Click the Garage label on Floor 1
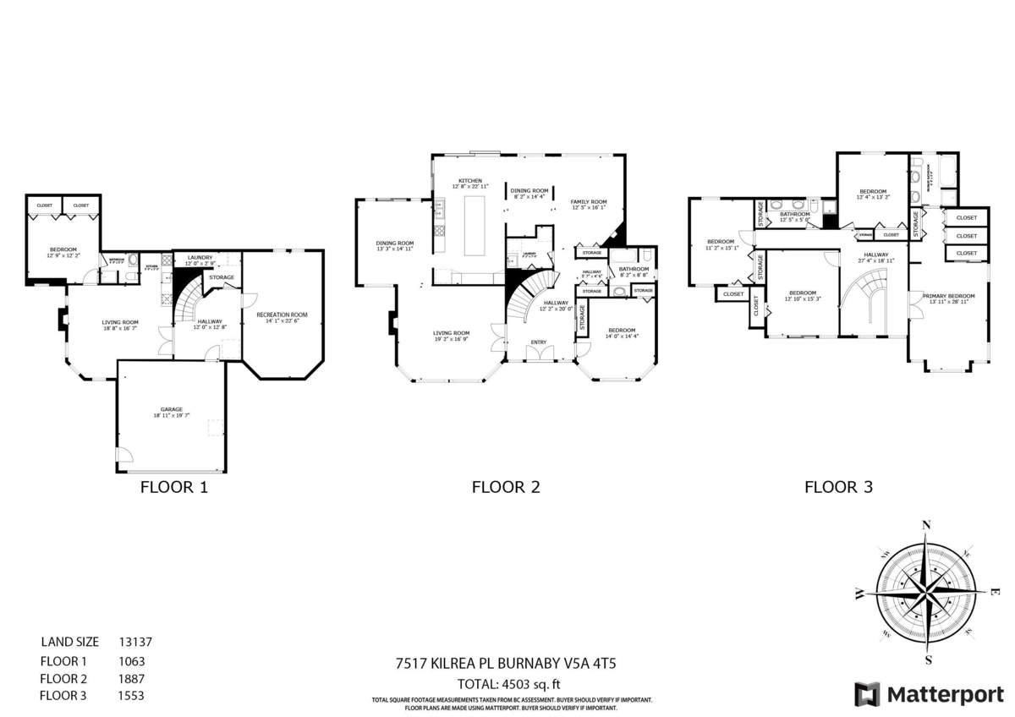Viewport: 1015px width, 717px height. (172, 409)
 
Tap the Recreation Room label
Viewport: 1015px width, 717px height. (282, 315)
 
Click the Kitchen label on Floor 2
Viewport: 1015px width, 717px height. (470, 181)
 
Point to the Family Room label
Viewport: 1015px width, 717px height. (589, 201)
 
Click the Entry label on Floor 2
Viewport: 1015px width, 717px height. (538, 342)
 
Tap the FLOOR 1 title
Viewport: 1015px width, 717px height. (173, 487)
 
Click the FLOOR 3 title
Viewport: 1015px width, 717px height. (838, 487)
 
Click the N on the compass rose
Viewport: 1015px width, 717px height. (926, 525)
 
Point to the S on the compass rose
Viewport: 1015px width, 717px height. (929, 660)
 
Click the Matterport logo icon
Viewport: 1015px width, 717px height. (867, 694)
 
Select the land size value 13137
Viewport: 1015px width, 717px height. (135, 643)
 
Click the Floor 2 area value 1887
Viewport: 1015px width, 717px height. (132, 678)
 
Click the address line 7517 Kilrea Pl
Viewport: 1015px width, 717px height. (507, 665)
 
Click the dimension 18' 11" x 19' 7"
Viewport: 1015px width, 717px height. (172, 415)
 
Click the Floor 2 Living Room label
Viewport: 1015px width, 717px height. (451, 333)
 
